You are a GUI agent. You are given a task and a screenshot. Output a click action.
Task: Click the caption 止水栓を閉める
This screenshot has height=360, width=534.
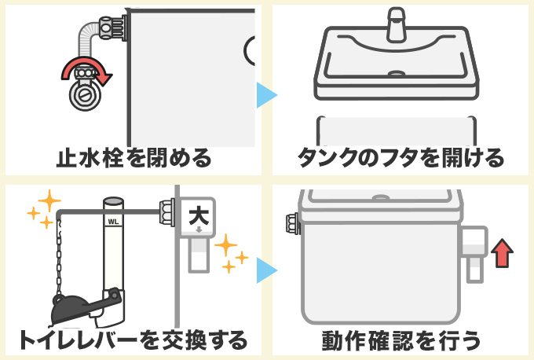(x=133, y=157)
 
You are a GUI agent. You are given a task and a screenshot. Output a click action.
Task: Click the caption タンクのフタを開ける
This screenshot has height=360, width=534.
(x=400, y=157)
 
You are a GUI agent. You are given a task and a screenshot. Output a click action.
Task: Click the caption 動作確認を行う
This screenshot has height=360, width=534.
(x=400, y=340)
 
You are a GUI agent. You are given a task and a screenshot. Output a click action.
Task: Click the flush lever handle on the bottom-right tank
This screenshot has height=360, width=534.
(x=473, y=252)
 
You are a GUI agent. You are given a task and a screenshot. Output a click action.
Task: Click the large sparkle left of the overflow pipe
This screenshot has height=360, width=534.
(x=48, y=203)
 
